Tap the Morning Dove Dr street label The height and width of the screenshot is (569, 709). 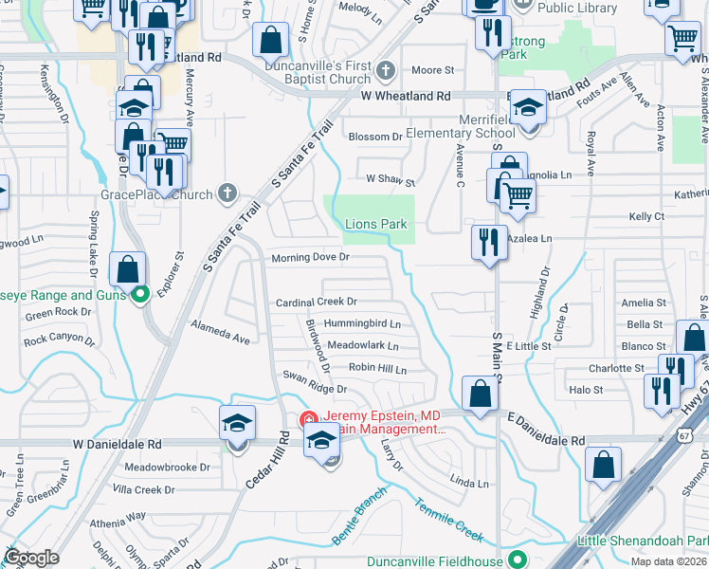click(x=311, y=257)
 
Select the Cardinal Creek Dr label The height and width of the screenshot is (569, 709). click(x=316, y=302)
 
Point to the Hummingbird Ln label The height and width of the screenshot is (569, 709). click(x=362, y=323)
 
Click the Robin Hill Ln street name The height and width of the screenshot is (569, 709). click(x=377, y=368)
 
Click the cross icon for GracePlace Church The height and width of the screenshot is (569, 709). click(x=226, y=193)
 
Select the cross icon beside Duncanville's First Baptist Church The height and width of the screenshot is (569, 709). click(x=385, y=70)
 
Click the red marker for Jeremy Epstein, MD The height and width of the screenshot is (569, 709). click(x=309, y=419)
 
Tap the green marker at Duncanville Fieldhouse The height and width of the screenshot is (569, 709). click(x=518, y=559)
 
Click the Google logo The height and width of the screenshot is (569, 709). click(x=31, y=558)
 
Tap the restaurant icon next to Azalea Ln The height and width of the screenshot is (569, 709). click(x=485, y=242)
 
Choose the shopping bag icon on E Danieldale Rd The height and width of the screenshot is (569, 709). click(x=481, y=392)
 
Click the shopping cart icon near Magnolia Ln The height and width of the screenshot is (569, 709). click(x=518, y=194)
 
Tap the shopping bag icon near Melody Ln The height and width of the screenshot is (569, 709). click(x=270, y=41)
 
